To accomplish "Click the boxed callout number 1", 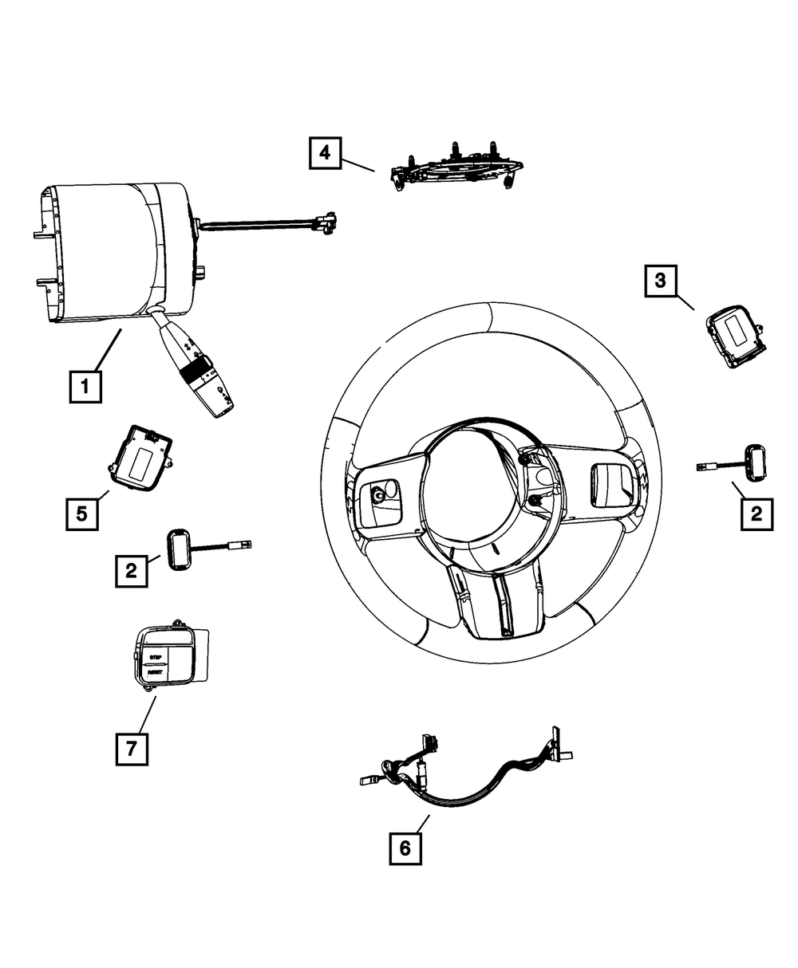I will point(84,388).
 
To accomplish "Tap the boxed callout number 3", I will point(660,281).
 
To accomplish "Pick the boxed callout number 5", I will point(82,514).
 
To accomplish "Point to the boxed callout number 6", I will point(405,849).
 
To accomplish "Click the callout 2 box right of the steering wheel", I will point(756,514).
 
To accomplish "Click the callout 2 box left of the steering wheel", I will point(131,571).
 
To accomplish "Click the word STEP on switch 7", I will point(156,656).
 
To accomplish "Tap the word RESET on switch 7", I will point(156,672).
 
